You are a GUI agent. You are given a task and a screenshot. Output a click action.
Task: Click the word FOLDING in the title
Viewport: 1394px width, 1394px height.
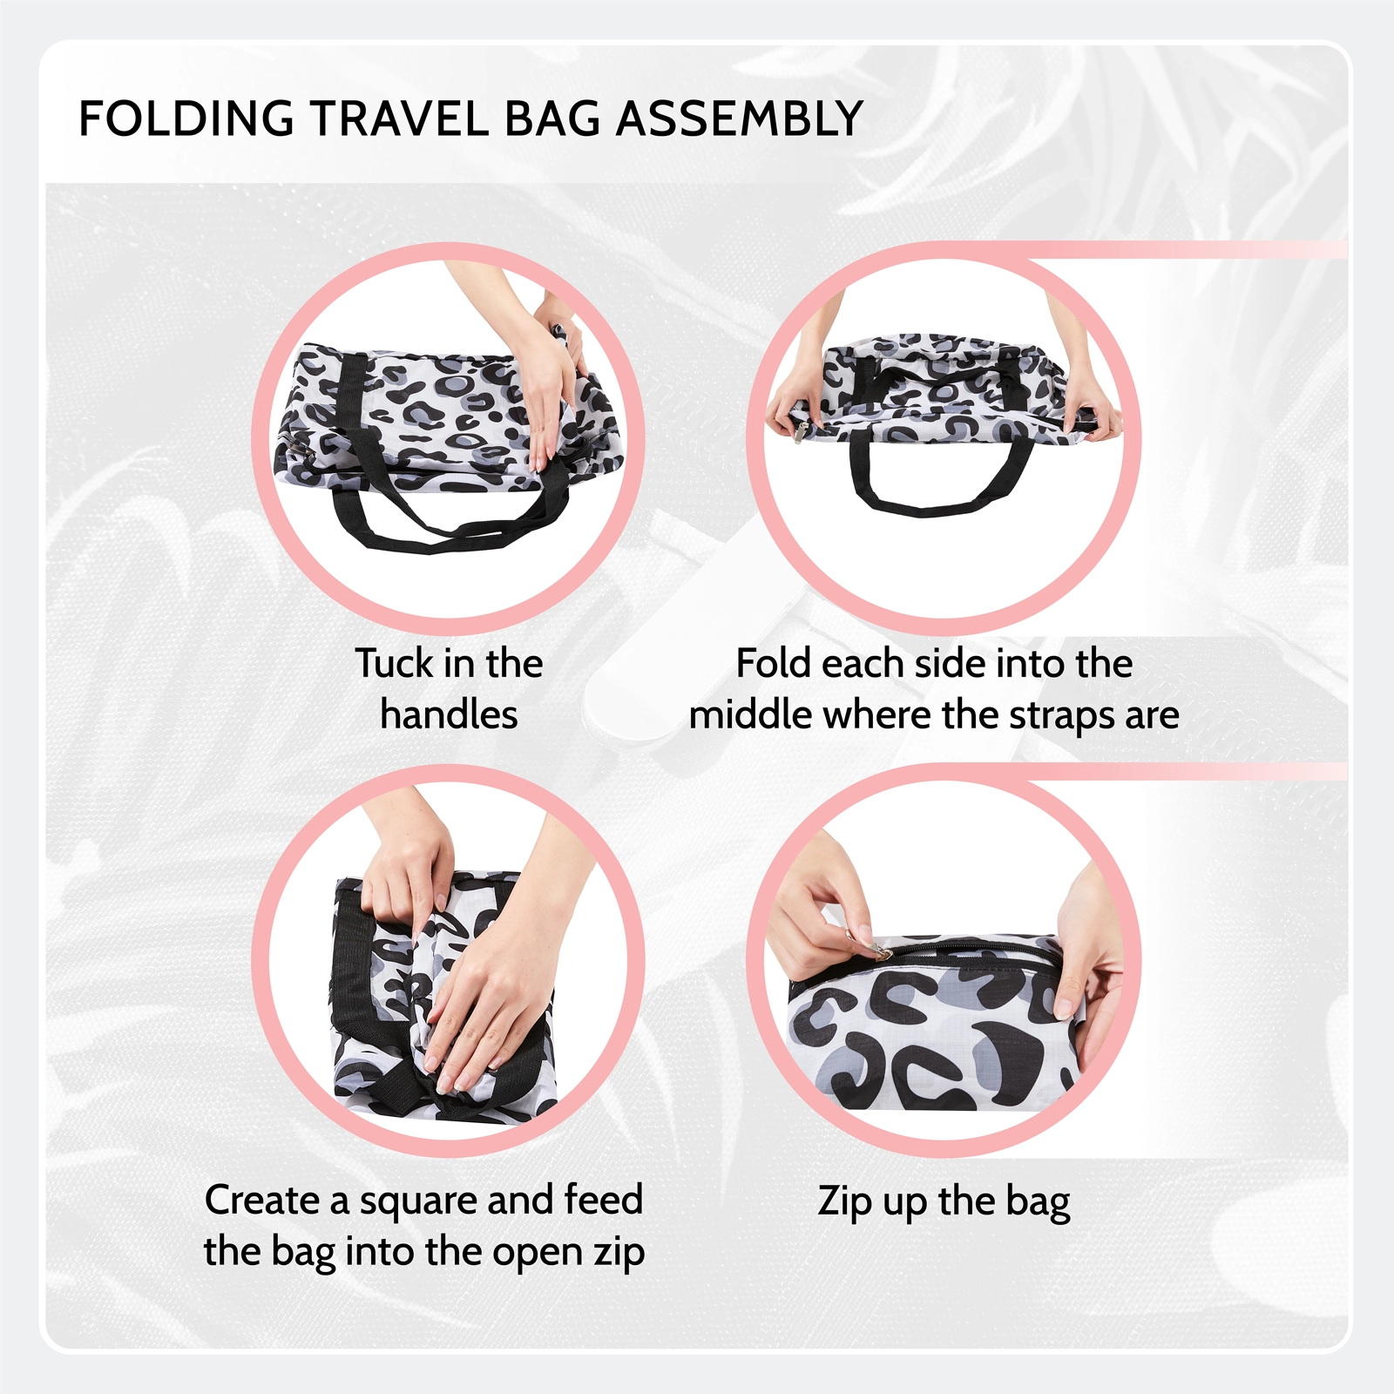(x=186, y=118)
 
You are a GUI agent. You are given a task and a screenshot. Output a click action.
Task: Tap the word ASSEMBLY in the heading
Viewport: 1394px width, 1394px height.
(x=740, y=118)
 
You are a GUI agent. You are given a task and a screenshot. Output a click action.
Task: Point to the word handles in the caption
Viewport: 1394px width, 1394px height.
(x=449, y=715)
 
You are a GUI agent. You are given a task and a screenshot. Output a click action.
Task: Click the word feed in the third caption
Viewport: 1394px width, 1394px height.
(x=603, y=1200)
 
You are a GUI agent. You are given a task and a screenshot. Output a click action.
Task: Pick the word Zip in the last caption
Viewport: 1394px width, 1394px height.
(x=845, y=1202)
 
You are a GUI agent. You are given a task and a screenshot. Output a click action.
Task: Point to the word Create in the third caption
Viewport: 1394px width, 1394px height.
(x=262, y=1200)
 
